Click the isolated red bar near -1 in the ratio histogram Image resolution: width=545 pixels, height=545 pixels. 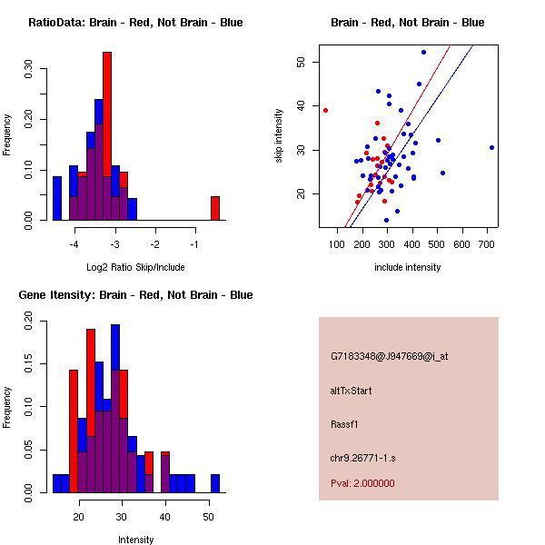coord(215,208)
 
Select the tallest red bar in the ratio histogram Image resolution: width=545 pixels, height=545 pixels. coord(107,136)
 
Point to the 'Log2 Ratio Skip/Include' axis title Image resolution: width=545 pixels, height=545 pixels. coord(135,268)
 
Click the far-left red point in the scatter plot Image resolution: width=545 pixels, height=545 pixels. coord(325,110)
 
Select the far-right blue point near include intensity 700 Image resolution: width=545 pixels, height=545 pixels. coord(491,147)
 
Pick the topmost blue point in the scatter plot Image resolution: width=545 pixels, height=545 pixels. coord(423,53)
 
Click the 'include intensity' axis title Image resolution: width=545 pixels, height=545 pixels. coord(408,268)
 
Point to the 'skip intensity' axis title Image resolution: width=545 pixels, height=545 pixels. coord(279,136)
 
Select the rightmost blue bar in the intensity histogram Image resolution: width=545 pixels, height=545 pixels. coord(215,483)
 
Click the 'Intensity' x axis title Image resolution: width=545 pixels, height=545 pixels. coord(135,540)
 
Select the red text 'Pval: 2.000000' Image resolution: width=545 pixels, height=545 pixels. coord(362,483)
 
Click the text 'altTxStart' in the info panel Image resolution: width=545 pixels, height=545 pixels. coord(352,391)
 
